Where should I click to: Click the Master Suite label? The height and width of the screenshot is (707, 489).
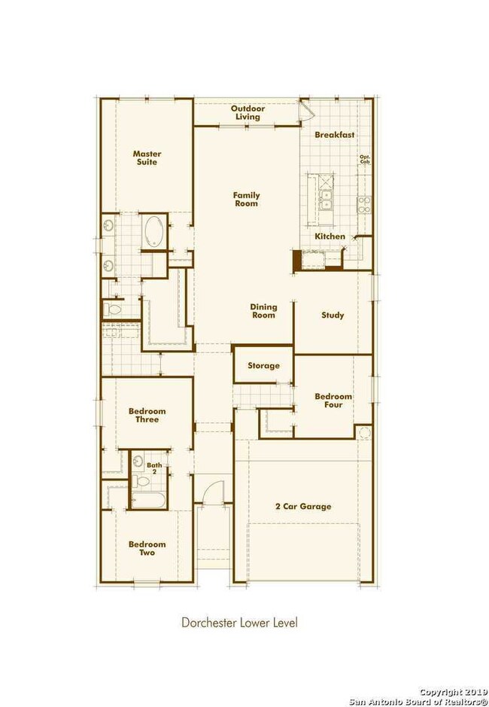point(147,158)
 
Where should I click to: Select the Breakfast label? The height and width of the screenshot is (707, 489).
point(334,135)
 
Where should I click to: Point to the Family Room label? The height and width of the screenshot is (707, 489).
point(245,199)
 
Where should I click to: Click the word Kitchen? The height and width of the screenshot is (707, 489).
point(330,236)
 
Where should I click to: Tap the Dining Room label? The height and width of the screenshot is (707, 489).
point(263,311)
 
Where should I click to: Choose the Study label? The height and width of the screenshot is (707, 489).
point(333,315)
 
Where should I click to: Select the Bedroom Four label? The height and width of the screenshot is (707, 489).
point(328,401)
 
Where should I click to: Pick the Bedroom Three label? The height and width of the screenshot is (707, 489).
point(147,415)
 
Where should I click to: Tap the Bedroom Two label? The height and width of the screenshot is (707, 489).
point(147,548)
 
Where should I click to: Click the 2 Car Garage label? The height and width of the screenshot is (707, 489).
point(304,507)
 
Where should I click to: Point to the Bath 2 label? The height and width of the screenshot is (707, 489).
point(153,469)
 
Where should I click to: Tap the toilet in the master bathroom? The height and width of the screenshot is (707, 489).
point(115,309)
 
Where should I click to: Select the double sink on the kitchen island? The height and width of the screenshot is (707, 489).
point(327,200)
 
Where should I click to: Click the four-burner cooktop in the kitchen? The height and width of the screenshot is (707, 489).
point(364,201)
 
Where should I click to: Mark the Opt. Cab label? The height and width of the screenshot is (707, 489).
point(365,160)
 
